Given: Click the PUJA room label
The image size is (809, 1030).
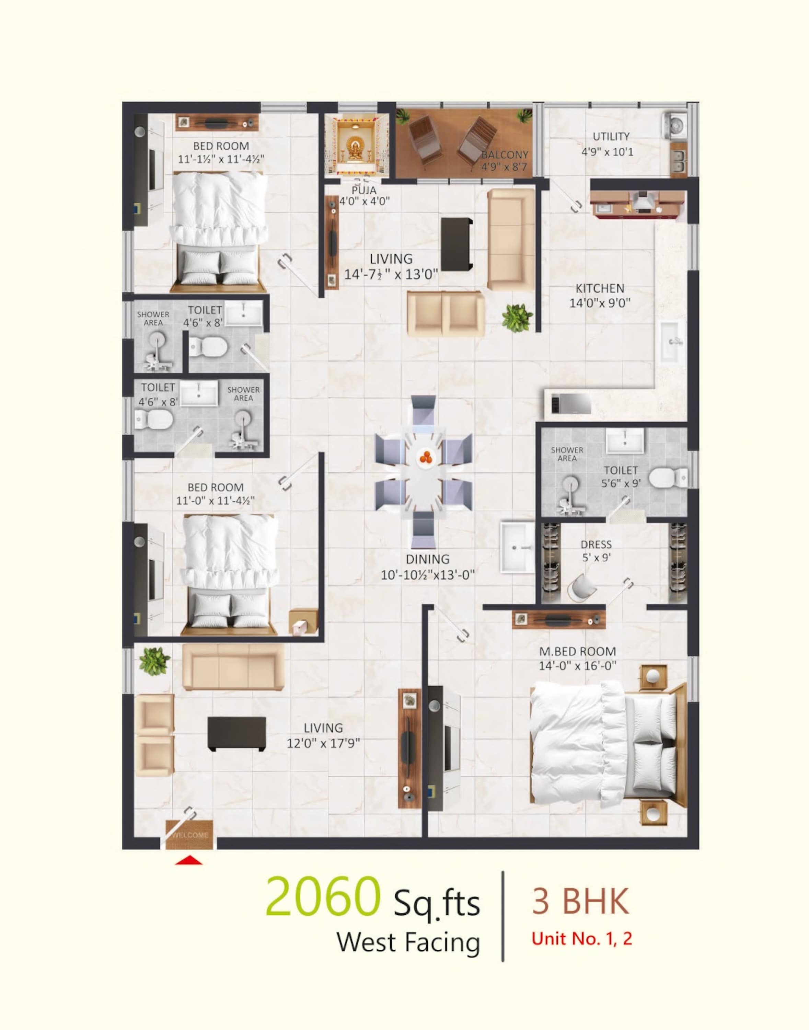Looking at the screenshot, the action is pyautogui.click(x=364, y=191).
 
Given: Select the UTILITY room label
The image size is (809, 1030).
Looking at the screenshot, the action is pyautogui.click(x=611, y=136).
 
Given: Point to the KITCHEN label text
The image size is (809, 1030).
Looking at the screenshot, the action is pyautogui.click(x=600, y=288).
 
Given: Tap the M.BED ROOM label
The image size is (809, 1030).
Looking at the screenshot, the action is pyautogui.click(x=577, y=651).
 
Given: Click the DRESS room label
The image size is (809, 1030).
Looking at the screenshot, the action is pyautogui.click(x=596, y=545).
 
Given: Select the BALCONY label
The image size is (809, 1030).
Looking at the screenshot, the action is pyautogui.click(x=505, y=155).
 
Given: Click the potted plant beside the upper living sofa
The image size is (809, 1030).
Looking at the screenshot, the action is pyautogui.click(x=517, y=318).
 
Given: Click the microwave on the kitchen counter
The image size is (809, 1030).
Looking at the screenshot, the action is pyautogui.click(x=571, y=403).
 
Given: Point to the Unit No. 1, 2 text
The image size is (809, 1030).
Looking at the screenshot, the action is pyautogui.click(x=582, y=938).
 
